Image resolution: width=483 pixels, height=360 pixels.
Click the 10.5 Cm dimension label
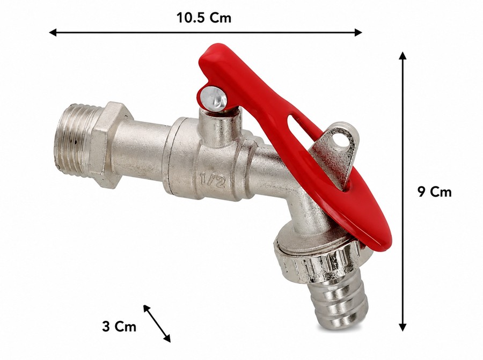[x=203, y=18]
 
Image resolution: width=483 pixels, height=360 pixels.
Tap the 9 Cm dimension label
[x=434, y=192]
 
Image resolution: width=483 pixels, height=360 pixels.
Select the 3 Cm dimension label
[x=119, y=326]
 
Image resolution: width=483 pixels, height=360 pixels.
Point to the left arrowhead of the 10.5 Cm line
[x=53, y=32]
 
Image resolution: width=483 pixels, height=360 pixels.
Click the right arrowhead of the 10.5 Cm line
[x=358, y=32]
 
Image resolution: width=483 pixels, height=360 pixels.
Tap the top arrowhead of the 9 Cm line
[x=402, y=55]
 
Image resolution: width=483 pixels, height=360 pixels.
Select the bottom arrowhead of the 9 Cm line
[x=402, y=327]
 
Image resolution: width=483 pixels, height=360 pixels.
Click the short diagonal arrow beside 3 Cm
[x=157, y=324]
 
